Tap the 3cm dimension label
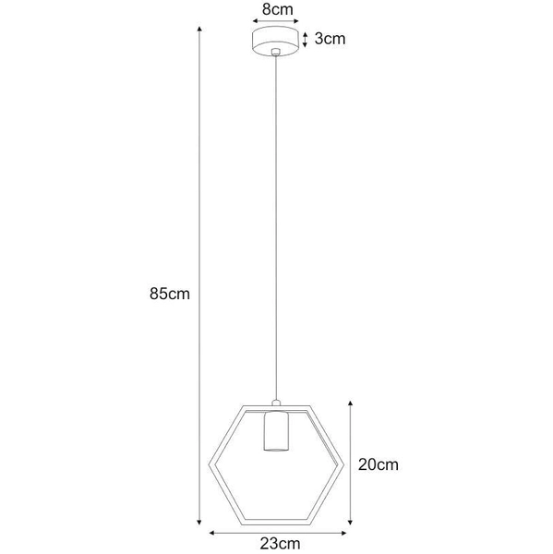[x=330, y=41]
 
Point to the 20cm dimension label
[x=379, y=464]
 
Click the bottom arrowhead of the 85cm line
[x=199, y=523]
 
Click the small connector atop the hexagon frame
[x=275, y=403]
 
